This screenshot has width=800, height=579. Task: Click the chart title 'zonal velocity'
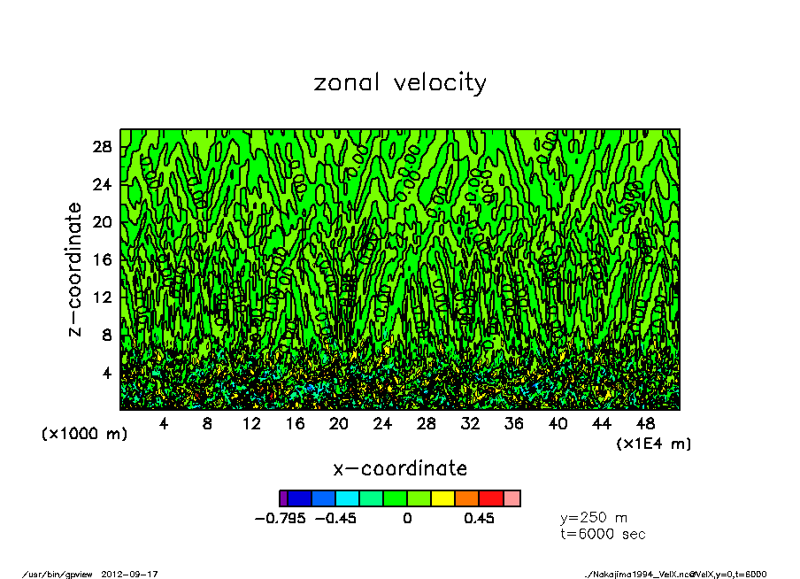tap(400, 83)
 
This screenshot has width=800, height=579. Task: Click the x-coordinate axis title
tap(400, 468)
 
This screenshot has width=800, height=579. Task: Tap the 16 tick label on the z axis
tap(104, 259)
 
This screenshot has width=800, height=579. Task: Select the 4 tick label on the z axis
tap(108, 373)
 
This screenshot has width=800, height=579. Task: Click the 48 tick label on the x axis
tap(645, 424)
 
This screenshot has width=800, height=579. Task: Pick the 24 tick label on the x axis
tap(382, 424)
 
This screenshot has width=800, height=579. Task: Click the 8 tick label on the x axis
tap(207, 424)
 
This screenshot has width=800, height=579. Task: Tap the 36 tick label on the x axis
tap(514, 424)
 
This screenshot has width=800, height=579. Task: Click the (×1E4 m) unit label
tap(653, 443)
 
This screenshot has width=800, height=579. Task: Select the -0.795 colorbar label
tap(280, 519)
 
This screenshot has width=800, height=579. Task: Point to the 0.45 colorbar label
tap(479, 519)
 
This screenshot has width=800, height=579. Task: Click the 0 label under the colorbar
tap(407, 519)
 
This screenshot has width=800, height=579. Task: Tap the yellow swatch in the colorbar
tap(442, 498)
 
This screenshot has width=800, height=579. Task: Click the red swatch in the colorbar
tap(490, 498)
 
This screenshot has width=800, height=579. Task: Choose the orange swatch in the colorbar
tap(466, 498)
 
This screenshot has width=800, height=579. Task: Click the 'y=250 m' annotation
tap(594, 518)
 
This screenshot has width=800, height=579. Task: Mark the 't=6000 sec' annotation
tap(603, 534)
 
